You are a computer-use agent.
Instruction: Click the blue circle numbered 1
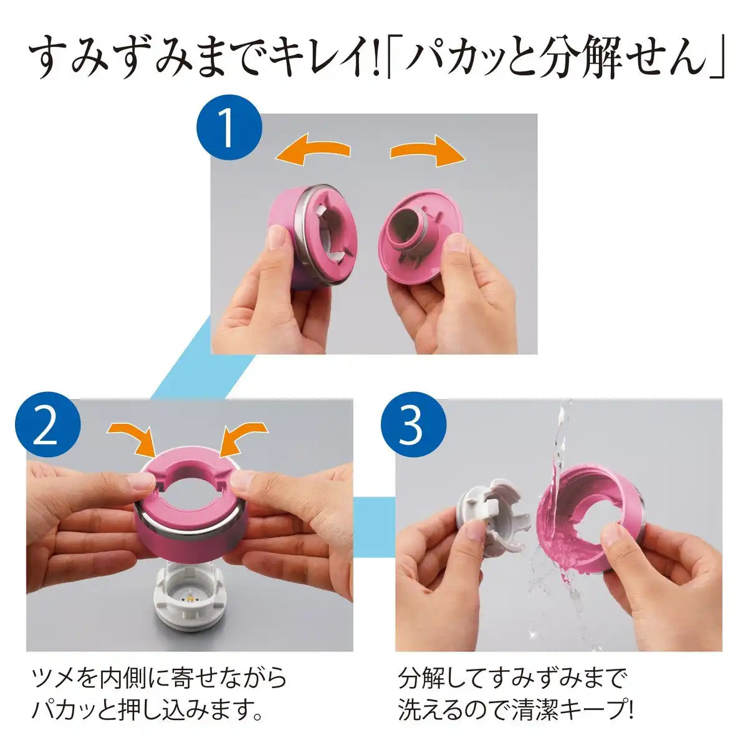(229, 128)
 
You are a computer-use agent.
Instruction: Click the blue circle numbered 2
(48, 431)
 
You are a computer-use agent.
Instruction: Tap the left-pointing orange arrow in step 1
(313, 148)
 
